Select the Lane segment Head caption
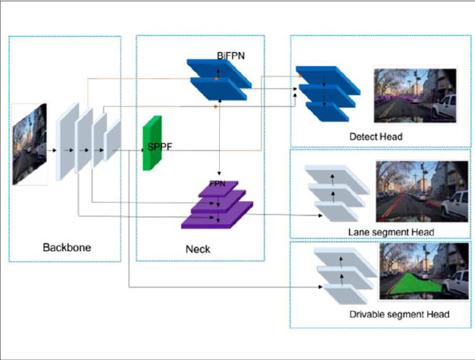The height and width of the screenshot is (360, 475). coord(385,231)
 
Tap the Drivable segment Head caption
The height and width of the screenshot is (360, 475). coord(399,314)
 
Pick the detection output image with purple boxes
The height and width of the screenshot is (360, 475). coord(415,96)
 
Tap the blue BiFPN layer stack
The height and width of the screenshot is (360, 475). coord(218,80)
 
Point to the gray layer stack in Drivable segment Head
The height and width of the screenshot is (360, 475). coord(343,278)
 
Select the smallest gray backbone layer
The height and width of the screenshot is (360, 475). coord(114,142)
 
